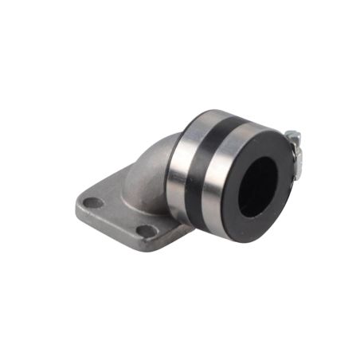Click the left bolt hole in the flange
click(94, 202)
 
